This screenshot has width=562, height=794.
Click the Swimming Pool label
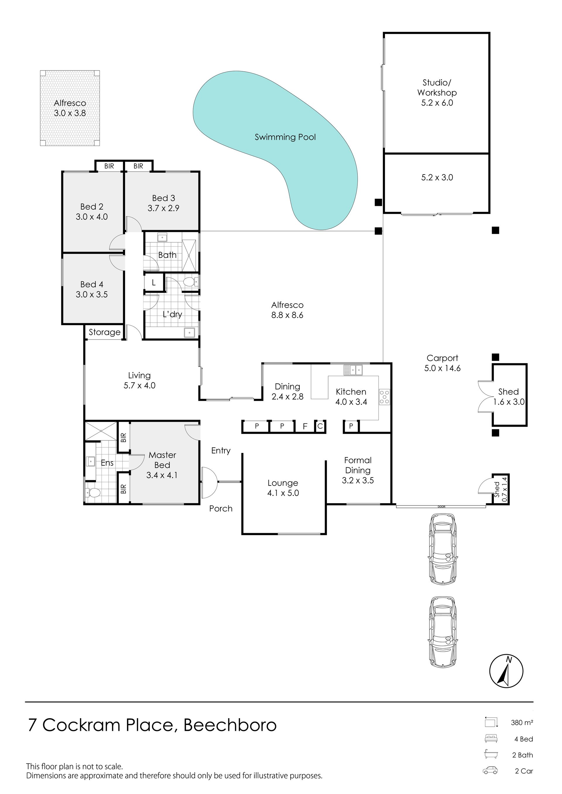point(285,137)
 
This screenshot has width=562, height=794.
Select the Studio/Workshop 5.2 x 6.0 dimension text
point(437,103)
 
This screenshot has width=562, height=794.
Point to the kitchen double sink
point(353,370)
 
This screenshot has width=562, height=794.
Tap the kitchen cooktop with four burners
point(384,397)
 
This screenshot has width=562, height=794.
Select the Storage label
point(104,332)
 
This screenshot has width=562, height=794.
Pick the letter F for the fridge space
point(305,426)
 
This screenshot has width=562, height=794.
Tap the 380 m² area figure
point(522,722)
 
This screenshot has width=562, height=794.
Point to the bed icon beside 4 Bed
point(491,739)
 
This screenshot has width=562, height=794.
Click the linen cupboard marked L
point(154,283)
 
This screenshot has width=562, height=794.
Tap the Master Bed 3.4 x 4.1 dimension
point(162,475)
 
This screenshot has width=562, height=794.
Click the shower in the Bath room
point(189,252)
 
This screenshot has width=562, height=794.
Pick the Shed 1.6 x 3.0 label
point(509,397)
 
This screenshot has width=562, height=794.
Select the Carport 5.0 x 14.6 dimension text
point(442,368)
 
